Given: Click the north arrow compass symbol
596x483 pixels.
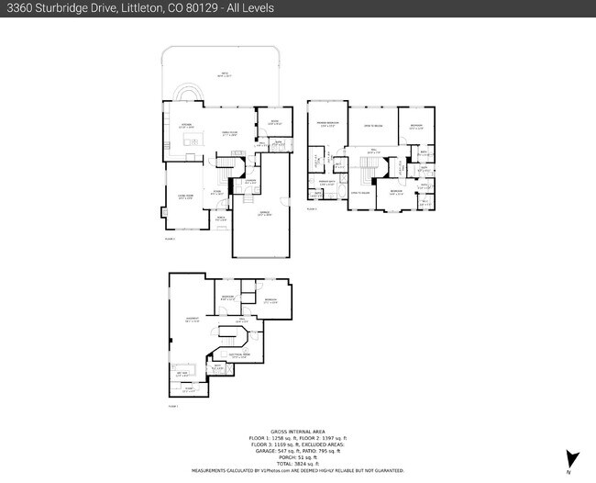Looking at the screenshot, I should click(x=572, y=459).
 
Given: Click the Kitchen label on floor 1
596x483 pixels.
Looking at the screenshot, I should click(x=184, y=125).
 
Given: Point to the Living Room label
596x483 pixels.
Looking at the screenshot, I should click(x=184, y=197).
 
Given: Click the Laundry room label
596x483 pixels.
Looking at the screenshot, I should click(x=250, y=182).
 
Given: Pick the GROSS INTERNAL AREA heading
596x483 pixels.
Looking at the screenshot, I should click(x=297, y=432).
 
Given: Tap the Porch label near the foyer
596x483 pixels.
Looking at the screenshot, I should click(x=220, y=219).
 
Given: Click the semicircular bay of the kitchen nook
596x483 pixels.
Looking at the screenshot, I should click(x=186, y=95).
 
